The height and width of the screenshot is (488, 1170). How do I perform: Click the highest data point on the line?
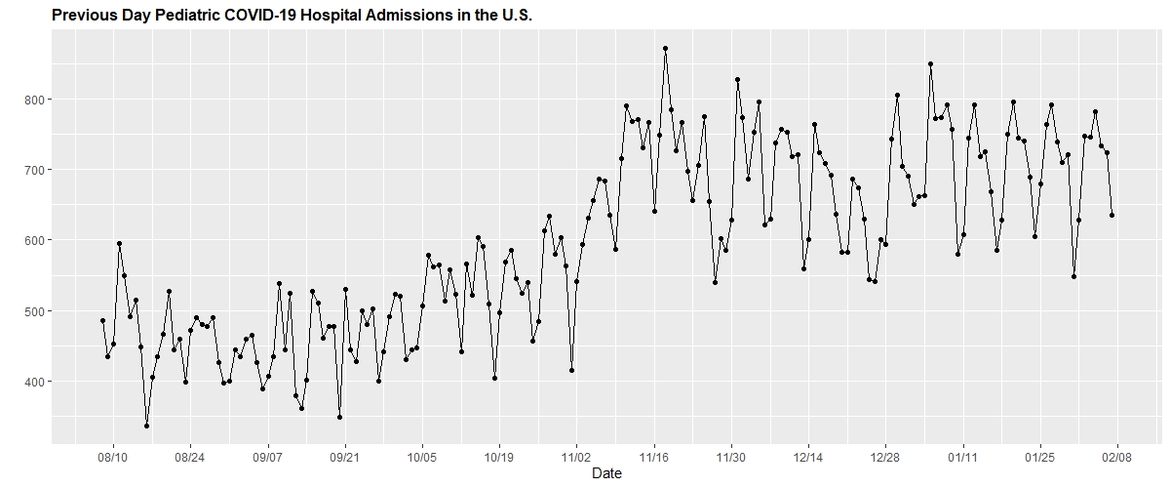tap(665, 48)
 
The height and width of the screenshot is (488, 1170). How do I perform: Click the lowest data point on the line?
tap(146, 426)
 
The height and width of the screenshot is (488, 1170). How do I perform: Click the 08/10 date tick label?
tap(113, 456)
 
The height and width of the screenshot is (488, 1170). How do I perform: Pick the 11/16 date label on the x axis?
tap(654, 456)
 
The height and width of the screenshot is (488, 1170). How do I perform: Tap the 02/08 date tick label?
tap(1117, 456)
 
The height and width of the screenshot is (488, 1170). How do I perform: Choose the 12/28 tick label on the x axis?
tap(885, 456)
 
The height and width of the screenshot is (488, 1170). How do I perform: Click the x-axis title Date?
tap(605, 473)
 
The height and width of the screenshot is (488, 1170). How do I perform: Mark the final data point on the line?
tap(1111, 215)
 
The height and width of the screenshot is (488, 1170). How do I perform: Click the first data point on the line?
tap(102, 320)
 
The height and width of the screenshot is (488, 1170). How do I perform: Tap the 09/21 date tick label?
tap(345, 456)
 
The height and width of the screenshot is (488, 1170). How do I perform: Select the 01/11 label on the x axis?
tap(963, 456)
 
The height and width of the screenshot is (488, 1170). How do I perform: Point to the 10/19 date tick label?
tap(499, 456)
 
